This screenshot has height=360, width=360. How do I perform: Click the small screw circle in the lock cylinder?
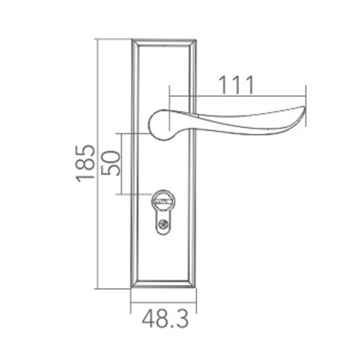[163, 228]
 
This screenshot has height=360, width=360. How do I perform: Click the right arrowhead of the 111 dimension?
[305, 94]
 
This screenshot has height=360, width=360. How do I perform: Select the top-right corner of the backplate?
[196, 37]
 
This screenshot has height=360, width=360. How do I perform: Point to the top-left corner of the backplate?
[132, 37]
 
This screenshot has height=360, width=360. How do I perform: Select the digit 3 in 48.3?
[185, 318]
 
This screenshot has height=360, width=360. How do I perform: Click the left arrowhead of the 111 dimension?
[170, 94]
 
